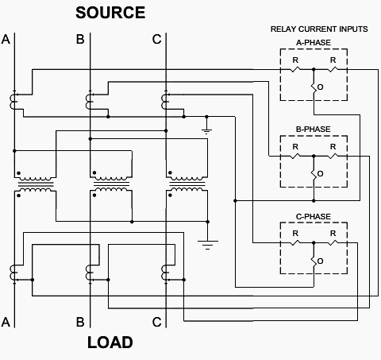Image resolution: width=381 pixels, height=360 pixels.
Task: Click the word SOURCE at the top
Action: click(110, 13)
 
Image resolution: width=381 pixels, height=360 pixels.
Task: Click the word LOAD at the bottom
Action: click(110, 343)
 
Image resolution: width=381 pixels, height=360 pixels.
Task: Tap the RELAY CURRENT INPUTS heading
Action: click(319, 29)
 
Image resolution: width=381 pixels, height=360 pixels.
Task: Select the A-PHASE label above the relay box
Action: click(314, 43)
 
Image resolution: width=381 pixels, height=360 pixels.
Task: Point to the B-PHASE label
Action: click(314, 130)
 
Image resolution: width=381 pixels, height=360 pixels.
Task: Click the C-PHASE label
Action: click(314, 217)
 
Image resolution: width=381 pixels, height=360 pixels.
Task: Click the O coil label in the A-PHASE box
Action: click(320, 87)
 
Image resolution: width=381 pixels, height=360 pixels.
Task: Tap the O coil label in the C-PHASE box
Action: click(320, 261)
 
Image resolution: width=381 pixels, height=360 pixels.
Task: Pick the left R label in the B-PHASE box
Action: click(295, 147)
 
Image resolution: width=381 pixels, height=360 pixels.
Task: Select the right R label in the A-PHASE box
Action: click(333, 60)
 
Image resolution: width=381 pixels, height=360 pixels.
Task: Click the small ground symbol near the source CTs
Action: click(206, 131)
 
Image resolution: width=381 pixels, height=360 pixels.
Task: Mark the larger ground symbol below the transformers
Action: click(208, 245)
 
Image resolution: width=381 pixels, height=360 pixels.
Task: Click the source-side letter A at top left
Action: click(6, 39)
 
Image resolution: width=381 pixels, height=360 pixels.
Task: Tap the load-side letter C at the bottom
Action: click(156, 322)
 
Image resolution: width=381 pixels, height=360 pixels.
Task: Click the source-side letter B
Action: click(80, 39)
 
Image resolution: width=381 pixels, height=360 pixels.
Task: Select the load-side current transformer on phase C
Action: click(164, 273)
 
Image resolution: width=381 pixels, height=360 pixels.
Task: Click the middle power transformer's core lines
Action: click(111, 184)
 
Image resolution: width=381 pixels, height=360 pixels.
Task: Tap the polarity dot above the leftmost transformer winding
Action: click(18, 173)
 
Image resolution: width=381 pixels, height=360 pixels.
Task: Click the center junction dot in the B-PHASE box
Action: click(314, 157)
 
